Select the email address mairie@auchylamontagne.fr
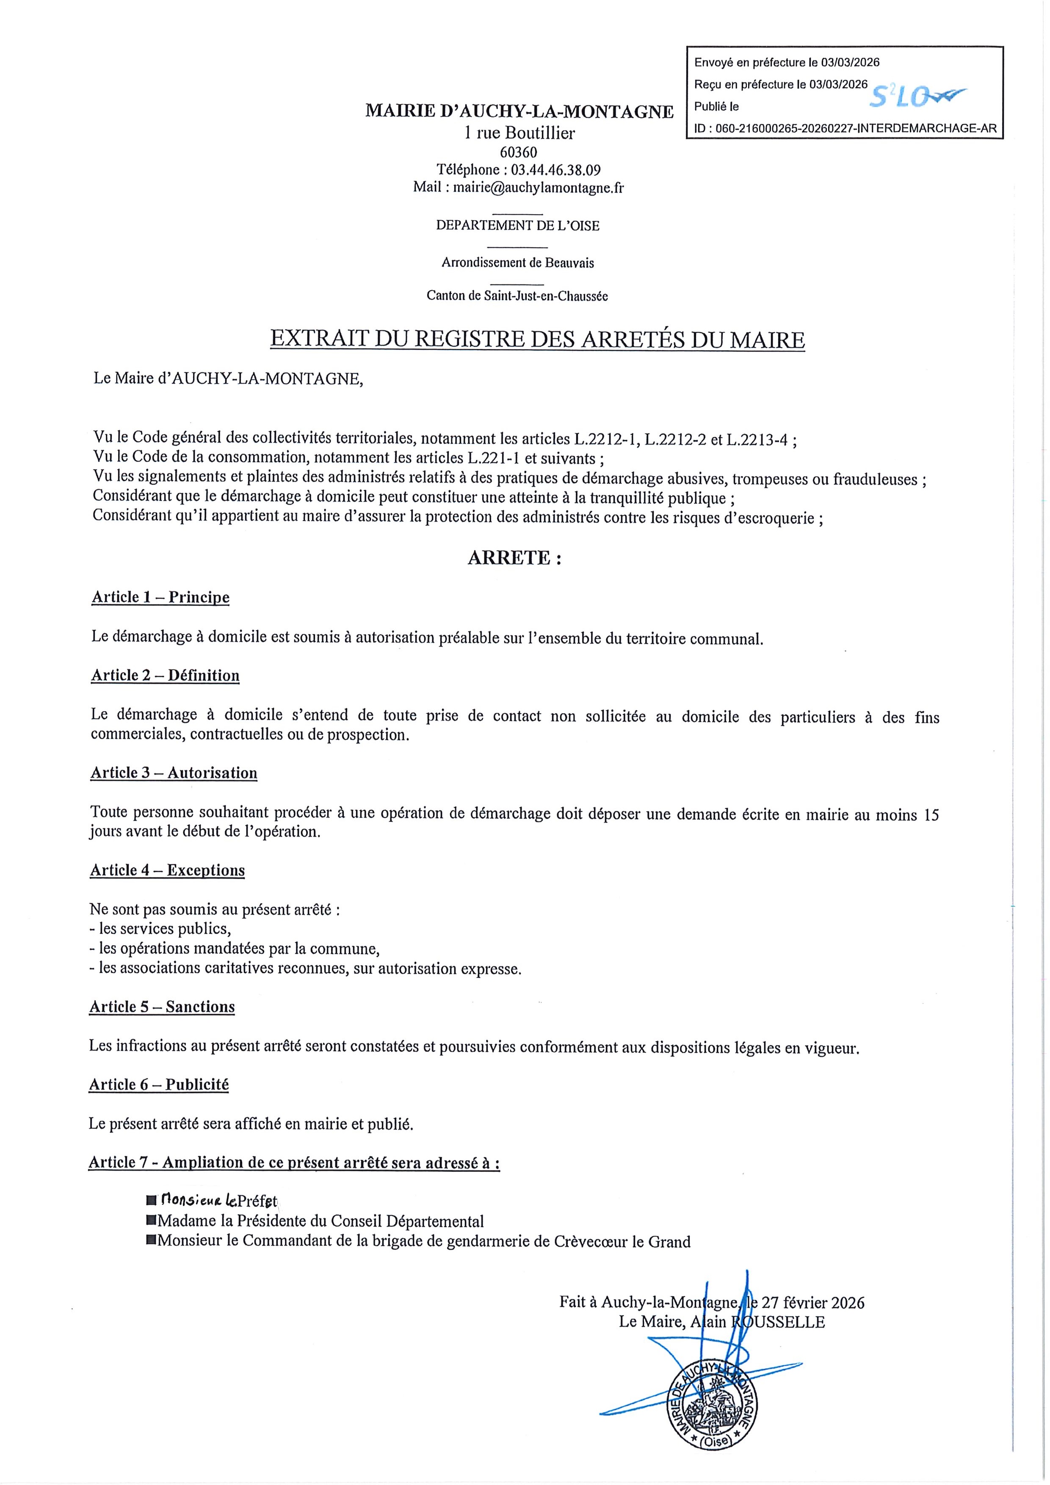(538, 188)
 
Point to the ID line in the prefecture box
(845, 129)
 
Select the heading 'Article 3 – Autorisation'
(174, 773)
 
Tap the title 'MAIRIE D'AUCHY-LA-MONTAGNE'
(519, 111)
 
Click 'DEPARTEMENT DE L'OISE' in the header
(517, 226)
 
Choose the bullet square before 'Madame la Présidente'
(152, 1220)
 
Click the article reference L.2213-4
(757, 440)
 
